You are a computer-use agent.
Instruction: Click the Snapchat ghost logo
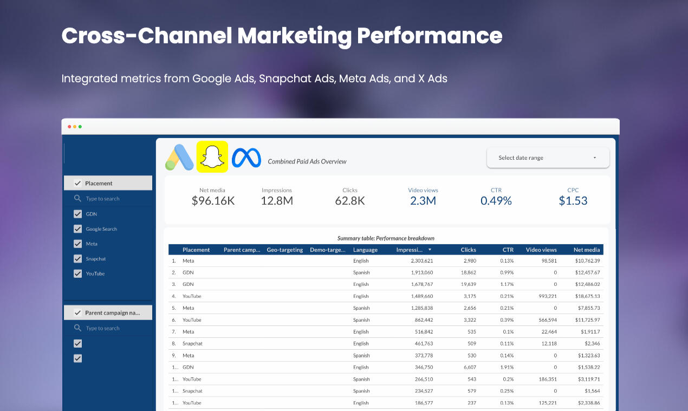click(x=212, y=157)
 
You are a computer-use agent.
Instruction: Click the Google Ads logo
click(x=179, y=158)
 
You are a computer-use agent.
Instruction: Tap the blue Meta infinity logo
click(x=246, y=158)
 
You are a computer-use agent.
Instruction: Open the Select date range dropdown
click(x=547, y=158)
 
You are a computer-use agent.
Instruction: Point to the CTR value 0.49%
click(x=496, y=201)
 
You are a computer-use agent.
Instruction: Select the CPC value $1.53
click(x=573, y=201)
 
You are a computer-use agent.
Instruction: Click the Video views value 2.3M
click(x=423, y=201)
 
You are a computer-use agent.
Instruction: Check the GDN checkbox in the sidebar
click(x=77, y=214)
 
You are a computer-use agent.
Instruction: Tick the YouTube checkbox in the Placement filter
click(x=77, y=273)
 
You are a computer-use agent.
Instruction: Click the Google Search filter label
click(x=101, y=229)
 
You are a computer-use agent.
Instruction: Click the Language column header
click(x=365, y=250)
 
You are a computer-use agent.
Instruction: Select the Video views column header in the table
click(x=541, y=250)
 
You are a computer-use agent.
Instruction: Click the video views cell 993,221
click(x=543, y=296)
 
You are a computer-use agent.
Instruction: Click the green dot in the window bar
click(x=80, y=127)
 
